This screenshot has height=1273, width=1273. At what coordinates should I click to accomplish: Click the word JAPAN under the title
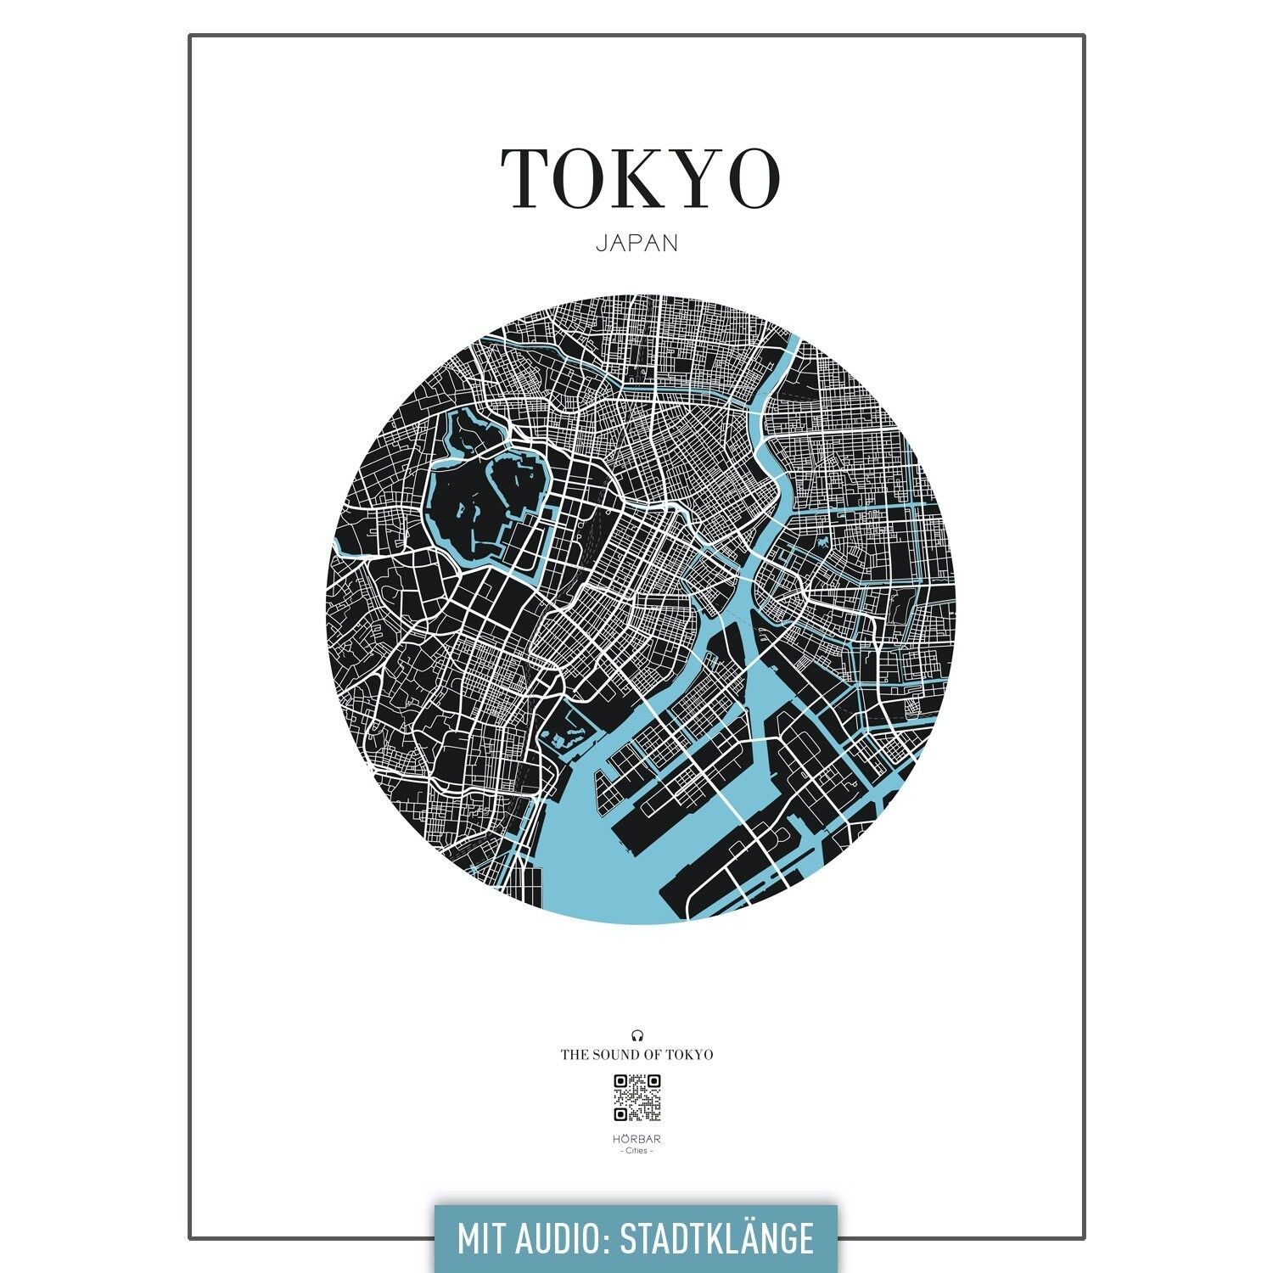[636, 243]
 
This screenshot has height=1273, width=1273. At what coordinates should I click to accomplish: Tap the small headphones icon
[636, 1035]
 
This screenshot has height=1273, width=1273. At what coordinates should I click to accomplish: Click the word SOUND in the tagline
[620, 1055]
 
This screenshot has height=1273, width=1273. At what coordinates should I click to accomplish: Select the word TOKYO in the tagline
[689, 1055]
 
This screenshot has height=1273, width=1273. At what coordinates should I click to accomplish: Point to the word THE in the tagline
[574, 1055]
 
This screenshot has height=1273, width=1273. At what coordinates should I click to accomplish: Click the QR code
[636, 1097]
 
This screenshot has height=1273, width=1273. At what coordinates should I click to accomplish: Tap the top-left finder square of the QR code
[621, 1081]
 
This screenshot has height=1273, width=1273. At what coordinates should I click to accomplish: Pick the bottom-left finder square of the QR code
[621, 1113]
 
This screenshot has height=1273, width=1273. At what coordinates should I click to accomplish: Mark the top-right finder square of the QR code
[653, 1081]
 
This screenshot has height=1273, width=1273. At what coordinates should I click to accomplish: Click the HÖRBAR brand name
[636, 1139]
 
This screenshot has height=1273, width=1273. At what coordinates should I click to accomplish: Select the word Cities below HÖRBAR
[636, 1151]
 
